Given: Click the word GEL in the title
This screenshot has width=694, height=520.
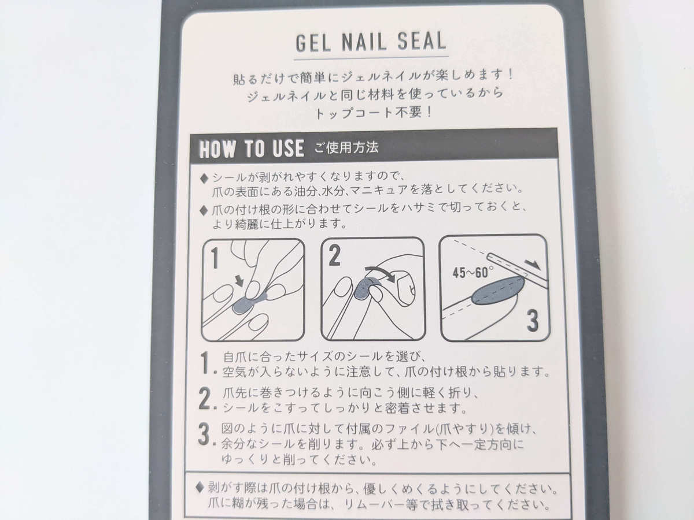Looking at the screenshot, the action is point(313,43).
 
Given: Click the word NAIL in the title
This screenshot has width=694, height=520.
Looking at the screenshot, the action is point(364,42).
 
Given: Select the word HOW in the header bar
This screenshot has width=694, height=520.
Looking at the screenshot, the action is point(217,149).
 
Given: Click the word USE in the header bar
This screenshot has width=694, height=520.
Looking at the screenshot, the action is point(287,148).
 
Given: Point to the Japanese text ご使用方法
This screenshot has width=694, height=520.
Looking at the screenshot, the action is point(346,147).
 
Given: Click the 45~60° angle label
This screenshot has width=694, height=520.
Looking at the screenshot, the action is point(472,273).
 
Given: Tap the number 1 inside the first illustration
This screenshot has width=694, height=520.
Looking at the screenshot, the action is point(215,258).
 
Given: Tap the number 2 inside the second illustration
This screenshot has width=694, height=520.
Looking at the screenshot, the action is point(334,255).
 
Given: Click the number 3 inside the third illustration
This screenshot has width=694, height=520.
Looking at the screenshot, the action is point(533,321).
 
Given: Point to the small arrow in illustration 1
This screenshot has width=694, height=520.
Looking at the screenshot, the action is point(239,281).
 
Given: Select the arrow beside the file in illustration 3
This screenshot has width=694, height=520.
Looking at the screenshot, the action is point(533,265).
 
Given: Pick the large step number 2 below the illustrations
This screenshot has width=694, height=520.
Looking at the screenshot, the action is point(205,399).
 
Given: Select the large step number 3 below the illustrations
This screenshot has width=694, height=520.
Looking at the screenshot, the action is point(204,434).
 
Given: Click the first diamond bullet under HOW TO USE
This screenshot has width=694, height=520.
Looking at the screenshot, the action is point(204,179).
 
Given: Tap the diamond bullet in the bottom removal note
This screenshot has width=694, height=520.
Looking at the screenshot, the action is point(200,488).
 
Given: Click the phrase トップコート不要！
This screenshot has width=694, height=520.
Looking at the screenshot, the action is point(374,113).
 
